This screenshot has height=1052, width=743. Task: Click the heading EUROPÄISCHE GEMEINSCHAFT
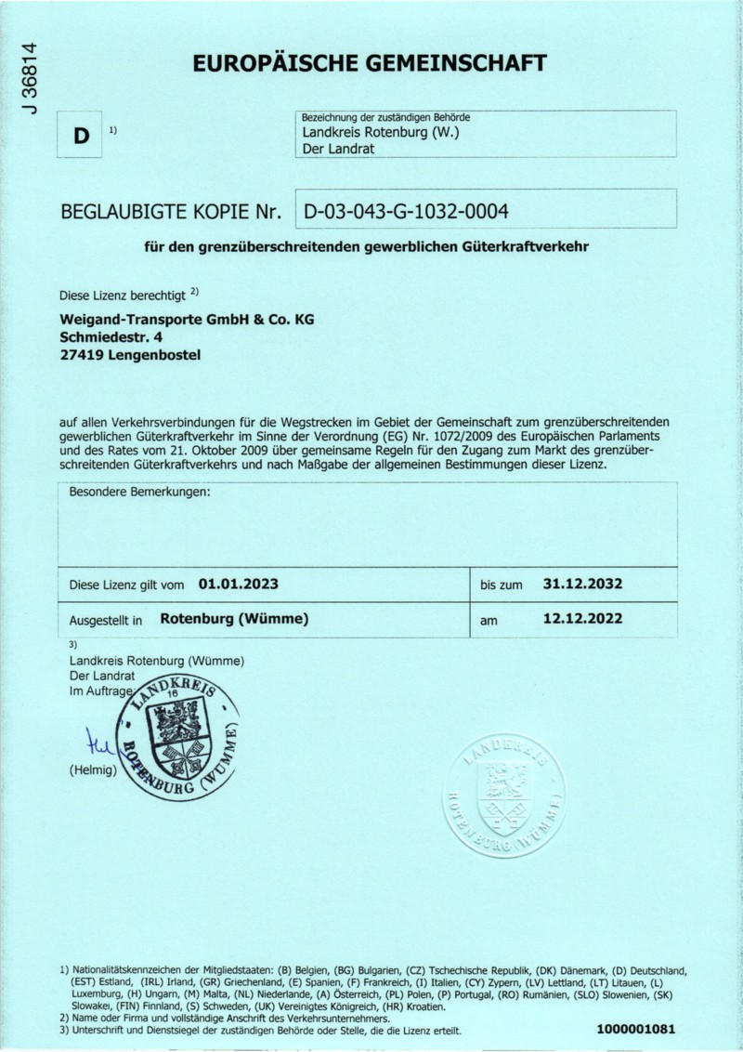tap(369, 63)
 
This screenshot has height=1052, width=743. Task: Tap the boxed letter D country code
tap(82, 136)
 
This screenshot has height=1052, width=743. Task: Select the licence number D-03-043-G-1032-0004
tap(406, 212)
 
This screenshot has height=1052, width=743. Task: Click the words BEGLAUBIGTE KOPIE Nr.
tap(170, 212)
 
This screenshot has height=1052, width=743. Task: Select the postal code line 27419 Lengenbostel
tap(129, 354)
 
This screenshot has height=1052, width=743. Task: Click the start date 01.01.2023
tap(239, 585)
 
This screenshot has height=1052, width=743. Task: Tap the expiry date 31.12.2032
tap(581, 585)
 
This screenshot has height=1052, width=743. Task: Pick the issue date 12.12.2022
tap(581, 618)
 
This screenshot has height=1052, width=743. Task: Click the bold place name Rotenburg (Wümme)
tap(234, 618)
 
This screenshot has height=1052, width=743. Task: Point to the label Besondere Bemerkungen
tap(140, 492)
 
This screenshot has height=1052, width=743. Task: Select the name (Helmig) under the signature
tap(92, 770)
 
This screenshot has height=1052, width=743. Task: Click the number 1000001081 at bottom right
tap(636, 1029)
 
